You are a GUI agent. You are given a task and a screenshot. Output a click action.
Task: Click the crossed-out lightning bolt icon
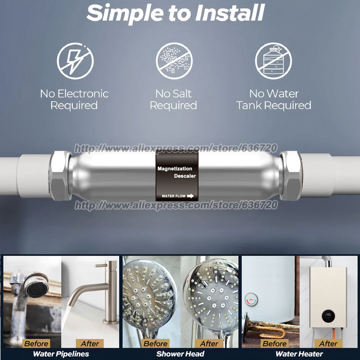pos(75,61)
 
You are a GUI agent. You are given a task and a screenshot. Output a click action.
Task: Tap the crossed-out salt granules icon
pos(174,61)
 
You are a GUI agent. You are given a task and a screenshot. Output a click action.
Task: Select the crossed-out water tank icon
pos(273,61)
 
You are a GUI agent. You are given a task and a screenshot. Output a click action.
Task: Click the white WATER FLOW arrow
pos(190,196)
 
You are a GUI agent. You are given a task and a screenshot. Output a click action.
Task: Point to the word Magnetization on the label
pos(175,169)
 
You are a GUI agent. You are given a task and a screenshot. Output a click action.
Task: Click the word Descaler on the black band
pos(185,176)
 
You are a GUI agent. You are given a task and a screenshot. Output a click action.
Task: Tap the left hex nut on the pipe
pos(61,175)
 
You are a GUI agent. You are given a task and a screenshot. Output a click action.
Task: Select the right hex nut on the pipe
pos(291,175)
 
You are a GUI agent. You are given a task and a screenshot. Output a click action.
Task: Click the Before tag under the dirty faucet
pos(36,343)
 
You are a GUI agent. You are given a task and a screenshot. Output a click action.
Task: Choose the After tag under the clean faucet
pos(90,343)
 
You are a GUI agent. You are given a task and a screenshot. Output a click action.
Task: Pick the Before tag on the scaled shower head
pos(155,343)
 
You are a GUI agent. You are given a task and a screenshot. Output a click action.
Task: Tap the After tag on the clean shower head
pos(209,343)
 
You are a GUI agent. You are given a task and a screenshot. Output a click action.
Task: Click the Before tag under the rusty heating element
pos(274,343)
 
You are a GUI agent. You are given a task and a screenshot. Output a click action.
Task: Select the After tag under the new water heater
pos(328,343)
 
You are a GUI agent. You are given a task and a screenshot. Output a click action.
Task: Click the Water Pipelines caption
pos(61,354)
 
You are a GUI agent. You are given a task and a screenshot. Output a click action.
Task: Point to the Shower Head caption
pos(180,354)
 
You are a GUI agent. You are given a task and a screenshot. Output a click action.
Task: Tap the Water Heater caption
pos(299,354)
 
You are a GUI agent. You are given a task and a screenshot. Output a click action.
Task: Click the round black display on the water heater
pos(328,316)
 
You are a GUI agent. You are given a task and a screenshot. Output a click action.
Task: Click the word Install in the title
pos(230,13)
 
